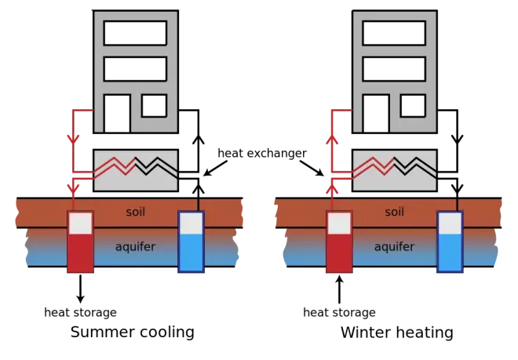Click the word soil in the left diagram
(136, 212)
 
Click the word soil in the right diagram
(394, 212)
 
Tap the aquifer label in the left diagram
(136, 246)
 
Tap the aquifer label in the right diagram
(394, 246)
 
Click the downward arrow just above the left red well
(73, 189)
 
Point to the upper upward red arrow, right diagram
(331, 140)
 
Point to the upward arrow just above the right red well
(331, 188)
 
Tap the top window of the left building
(135, 31)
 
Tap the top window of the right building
(393, 31)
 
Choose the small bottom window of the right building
(412, 104)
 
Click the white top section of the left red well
(80, 223)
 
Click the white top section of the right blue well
(450, 224)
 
